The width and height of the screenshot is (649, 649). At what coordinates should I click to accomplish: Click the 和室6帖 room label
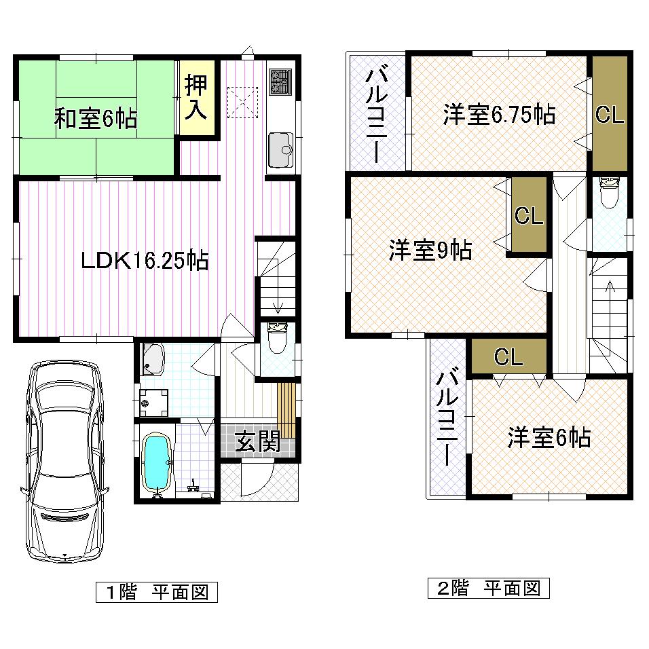(x=96, y=119)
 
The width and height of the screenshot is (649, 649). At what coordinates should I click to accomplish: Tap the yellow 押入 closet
(x=197, y=99)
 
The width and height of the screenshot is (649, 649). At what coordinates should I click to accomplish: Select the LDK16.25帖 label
(x=144, y=260)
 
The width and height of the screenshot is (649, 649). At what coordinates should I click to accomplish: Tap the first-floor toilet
(x=277, y=337)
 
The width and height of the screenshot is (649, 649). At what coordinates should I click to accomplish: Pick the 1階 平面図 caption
(x=156, y=592)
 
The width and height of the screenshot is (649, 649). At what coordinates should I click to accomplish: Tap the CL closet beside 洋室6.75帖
(x=609, y=115)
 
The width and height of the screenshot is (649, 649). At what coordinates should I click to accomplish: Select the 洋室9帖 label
(x=430, y=251)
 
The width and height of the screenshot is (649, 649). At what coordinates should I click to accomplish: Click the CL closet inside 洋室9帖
(x=528, y=216)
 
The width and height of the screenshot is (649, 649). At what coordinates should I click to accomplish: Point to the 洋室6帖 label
(x=549, y=438)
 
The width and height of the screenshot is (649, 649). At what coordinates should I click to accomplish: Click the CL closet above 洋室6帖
(x=508, y=356)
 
